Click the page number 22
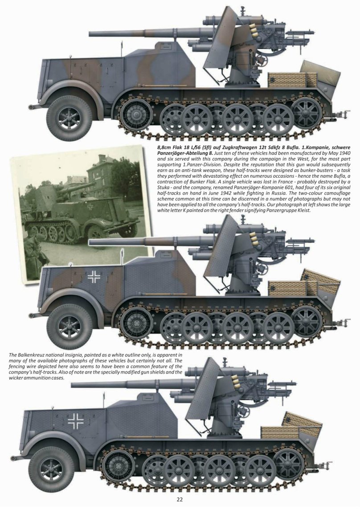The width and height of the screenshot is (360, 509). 180,499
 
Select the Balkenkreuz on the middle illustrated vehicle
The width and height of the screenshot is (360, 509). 94,277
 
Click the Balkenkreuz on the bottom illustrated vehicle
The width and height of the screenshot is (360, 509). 76,420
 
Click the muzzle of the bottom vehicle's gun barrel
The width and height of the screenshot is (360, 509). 73,384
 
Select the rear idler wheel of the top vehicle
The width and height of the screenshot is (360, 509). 307,113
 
